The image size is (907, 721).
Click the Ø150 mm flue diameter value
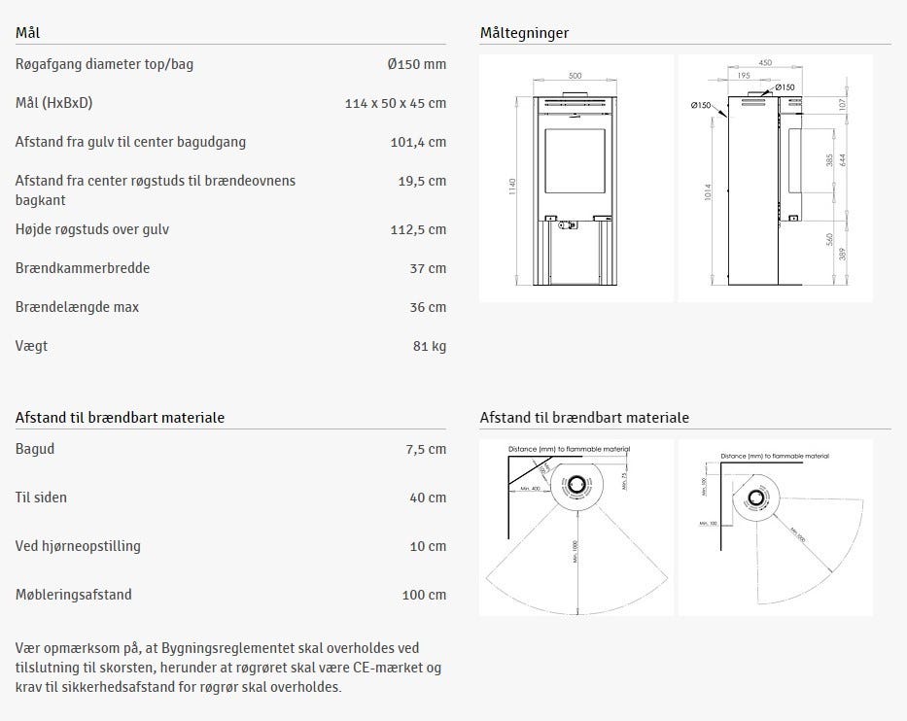pyautogui.click(x=415, y=64)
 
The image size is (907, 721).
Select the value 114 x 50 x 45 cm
pyautogui.click(x=395, y=103)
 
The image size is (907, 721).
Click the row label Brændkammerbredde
pyautogui.click(x=83, y=268)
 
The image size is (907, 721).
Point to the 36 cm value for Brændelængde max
pyautogui.click(x=428, y=307)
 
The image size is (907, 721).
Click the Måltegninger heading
pyautogui.click(x=524, y=33)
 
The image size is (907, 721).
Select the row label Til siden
pyautogui.click(x=41, y=498)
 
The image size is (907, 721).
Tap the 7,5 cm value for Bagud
pyautogui.click(x=425, y=449)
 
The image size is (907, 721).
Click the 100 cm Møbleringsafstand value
pyautogui.click(x=424, y=595)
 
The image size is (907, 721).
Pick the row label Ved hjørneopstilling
pyautogui.click(x=78, y=546)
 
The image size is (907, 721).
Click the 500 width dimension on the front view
pyautogui.click(x=575, y=76)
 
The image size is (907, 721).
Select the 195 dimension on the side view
pyautogui.click(x=744, y=76)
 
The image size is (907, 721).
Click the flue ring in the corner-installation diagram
pyautogui.click(x=752, y=499)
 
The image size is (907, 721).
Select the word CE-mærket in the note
pyautogui.click(x=391, y=668)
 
